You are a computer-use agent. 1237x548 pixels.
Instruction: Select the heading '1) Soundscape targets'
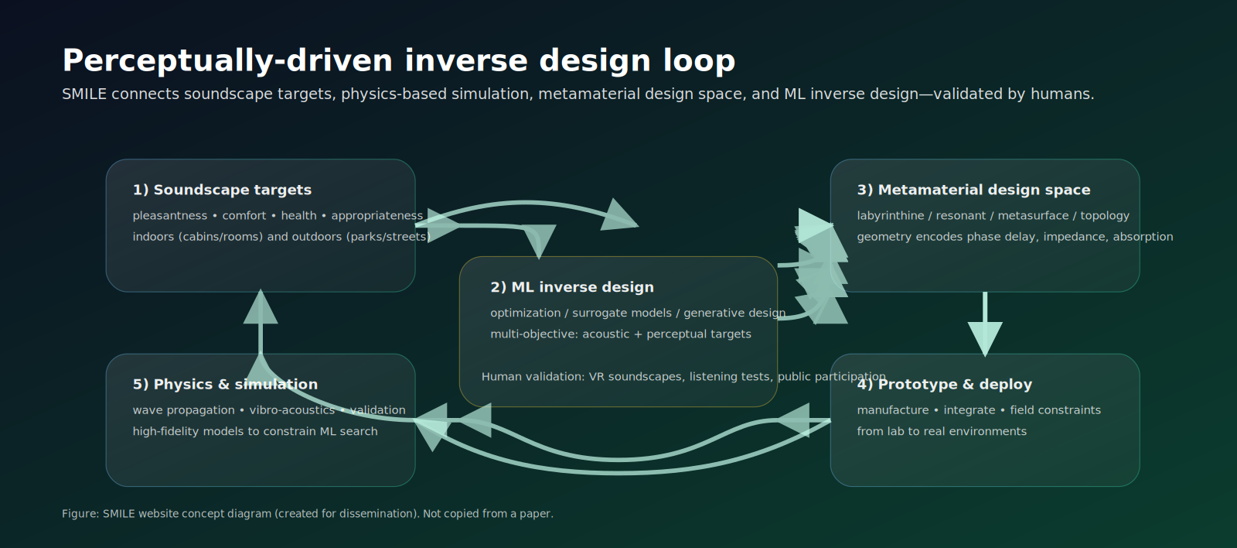click(x=222, y=190)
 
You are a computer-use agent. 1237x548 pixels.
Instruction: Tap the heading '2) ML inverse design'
click(x=571, y=287)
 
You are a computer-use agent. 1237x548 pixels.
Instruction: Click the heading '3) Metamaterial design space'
click(x=973, y=190)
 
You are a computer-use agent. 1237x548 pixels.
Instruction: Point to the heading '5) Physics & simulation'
click(x=225, y=385)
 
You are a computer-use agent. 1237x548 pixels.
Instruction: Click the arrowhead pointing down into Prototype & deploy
click(x=985, y=338)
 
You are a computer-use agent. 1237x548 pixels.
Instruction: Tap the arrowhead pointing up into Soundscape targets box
click(x=261, y=308)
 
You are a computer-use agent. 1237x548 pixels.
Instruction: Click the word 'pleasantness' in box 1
click(x=170, y=216)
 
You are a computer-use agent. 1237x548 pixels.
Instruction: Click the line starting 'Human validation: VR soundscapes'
click(x=683, y=377)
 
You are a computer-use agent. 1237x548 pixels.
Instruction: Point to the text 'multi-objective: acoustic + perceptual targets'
click(x=620, y=334)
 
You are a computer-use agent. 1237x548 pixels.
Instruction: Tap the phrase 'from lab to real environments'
click(x=941, y=432)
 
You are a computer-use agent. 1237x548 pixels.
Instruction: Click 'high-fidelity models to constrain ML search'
click(x=255, y=432)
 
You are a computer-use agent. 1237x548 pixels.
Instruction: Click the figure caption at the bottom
click(x=307, y=514)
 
